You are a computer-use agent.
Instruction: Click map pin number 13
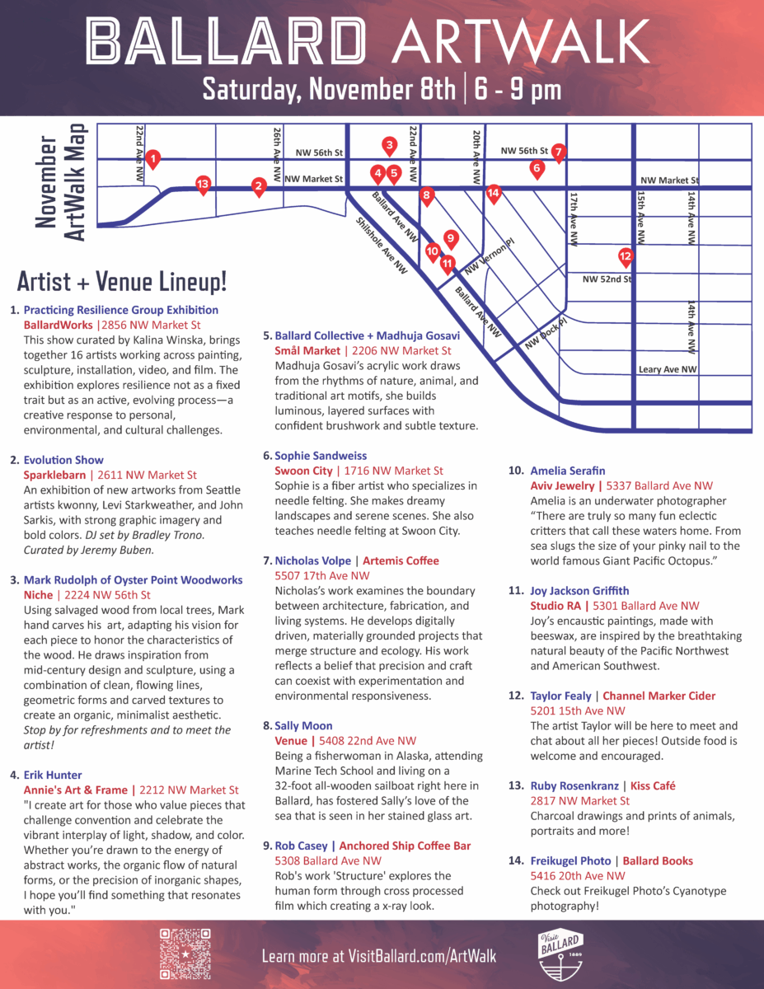click(x=203, y=184)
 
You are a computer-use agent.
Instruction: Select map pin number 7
click(x=558, y=152)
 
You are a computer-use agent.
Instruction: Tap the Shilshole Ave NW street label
click(x=381, y=245)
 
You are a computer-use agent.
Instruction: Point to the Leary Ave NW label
click(x=668, y=370)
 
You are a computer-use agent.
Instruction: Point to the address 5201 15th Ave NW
click(x=577, y=710)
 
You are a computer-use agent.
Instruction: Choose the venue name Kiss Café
click(x=652, y=785)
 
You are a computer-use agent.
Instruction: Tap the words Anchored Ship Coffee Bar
click(x=405, y=846)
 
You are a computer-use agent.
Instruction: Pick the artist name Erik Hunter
click(x=53, y=775)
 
